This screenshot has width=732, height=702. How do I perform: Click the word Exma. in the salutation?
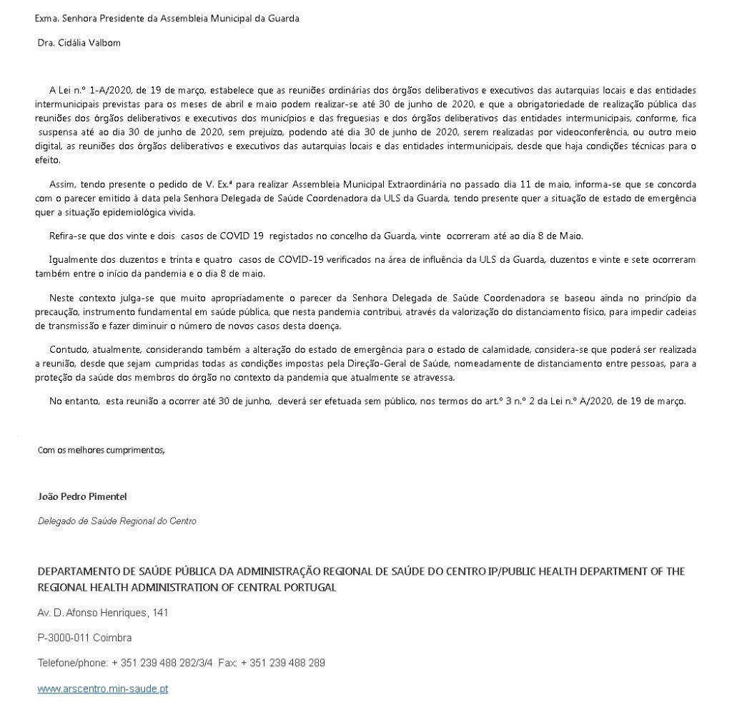point(46,19)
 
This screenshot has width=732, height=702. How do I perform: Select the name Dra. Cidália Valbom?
point(79,43)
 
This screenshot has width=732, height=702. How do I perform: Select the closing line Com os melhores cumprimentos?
point(101,450)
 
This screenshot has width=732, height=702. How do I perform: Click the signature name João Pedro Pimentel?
point(82,496)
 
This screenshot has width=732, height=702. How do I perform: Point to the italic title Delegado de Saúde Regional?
point(117,521)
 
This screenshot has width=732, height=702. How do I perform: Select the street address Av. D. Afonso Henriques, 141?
point(103,613)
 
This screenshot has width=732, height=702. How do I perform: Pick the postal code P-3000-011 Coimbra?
point(84,638)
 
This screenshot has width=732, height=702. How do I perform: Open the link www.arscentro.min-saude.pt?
point(103,689)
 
